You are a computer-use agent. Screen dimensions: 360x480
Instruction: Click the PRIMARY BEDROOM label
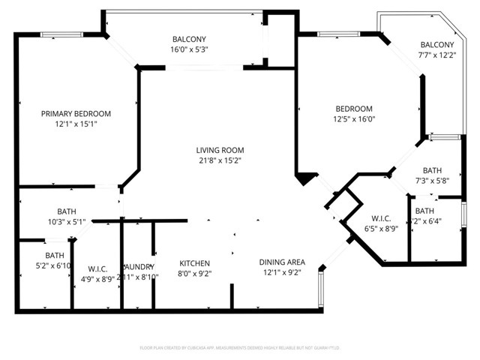tap(76, 113)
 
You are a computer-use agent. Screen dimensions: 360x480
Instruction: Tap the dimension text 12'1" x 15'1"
tap(76, 124)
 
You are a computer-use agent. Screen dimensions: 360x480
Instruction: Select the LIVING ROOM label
tap(220, 150)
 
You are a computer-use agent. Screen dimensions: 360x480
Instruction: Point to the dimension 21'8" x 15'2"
tap(220, 160)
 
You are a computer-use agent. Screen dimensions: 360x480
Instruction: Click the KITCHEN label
tap(194, 263)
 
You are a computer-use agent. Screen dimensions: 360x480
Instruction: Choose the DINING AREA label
tap(282, 262)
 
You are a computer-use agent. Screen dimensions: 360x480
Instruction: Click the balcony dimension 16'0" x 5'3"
tap(189, 49)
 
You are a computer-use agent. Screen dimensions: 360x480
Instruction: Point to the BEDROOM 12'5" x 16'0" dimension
tap(354, 118)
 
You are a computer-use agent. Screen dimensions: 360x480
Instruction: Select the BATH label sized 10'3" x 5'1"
tap(67, 211)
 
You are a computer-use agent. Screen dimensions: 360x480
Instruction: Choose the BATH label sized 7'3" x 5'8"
tap(433, 170)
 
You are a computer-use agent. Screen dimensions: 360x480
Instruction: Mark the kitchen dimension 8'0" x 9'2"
tap(194, 274)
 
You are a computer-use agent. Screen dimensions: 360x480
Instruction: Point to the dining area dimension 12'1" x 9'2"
tap(282, 272)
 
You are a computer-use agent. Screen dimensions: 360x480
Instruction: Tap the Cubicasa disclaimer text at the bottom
tap(240, 347)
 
